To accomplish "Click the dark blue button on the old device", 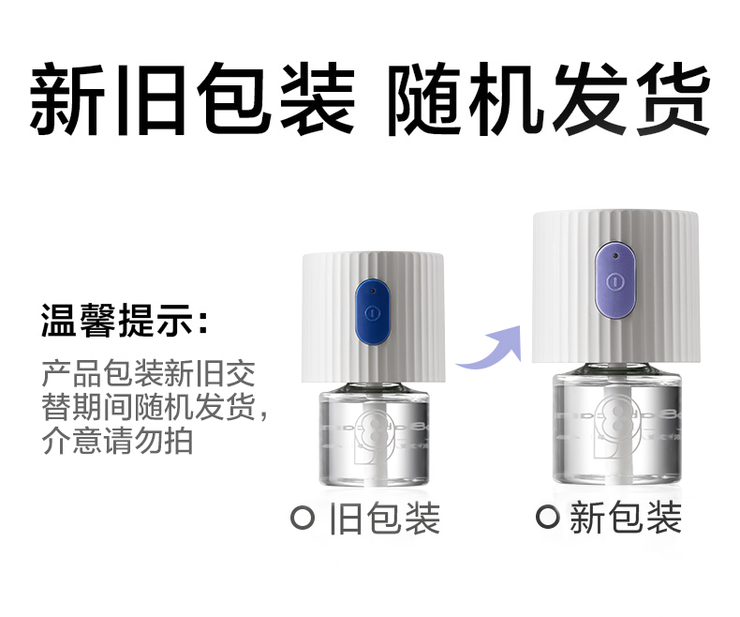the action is (x=373, y=312).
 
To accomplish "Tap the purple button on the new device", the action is (x=614, y=280).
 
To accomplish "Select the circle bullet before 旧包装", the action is (x=303, y=519).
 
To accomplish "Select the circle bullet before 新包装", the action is (x=547, y=517).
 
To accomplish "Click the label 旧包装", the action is (x=384, y=519).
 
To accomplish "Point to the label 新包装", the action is (x=626, y=517).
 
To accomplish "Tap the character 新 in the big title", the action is (x=68, y=98).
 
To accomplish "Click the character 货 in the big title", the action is (x=672, y=98).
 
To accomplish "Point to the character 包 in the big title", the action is (x=233, y=98).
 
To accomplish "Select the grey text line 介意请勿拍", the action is (x=117, y=442).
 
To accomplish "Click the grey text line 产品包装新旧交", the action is (x=148, y=374).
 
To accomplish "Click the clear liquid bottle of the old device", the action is (x=375, y=436).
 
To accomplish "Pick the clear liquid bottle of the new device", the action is (x=617, y=429).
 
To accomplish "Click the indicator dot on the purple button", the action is (x=614, y=256).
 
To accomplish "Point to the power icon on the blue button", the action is (x=373, y=313).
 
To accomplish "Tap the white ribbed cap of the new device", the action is (x=615, y=288).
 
